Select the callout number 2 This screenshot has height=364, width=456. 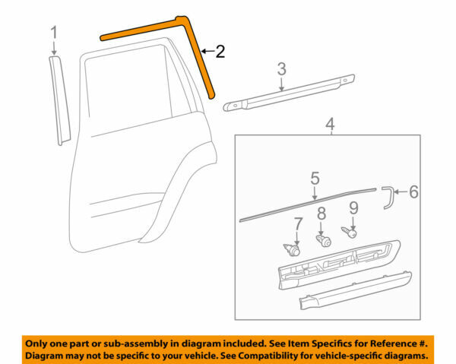220,52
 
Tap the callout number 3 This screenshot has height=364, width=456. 281,69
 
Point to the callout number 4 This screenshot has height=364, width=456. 328,123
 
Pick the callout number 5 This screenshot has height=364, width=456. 315,179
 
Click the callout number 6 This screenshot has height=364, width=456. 413,191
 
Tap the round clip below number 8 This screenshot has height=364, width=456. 321,239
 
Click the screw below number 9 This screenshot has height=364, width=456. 352,233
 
